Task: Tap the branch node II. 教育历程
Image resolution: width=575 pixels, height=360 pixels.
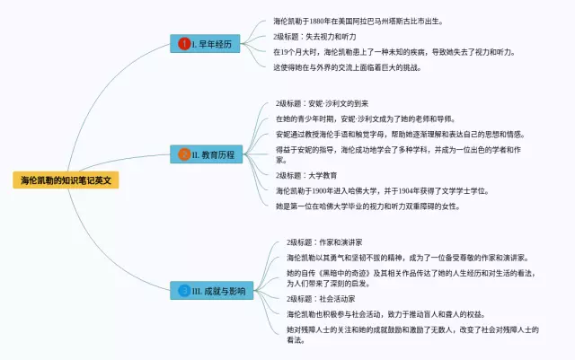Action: pyautogui.click(x=208, y=155)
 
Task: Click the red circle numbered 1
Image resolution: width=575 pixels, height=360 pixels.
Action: pyautogui.click(x=184, y=44)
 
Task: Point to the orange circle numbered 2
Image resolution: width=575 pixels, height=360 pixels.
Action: pyautogui.click(x=184, y=155)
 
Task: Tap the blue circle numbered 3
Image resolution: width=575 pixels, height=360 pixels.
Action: pyautogui.click(x=184, y=290)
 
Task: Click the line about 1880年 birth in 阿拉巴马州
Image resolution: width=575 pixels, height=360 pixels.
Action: pyautogui.click(x=358, y=22)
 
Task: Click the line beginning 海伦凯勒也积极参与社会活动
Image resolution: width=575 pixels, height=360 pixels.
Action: pyautogui.click(x=385, y=314)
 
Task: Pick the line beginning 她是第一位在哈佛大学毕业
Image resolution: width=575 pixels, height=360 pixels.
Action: pyautogui.click(x=367, y=206)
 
